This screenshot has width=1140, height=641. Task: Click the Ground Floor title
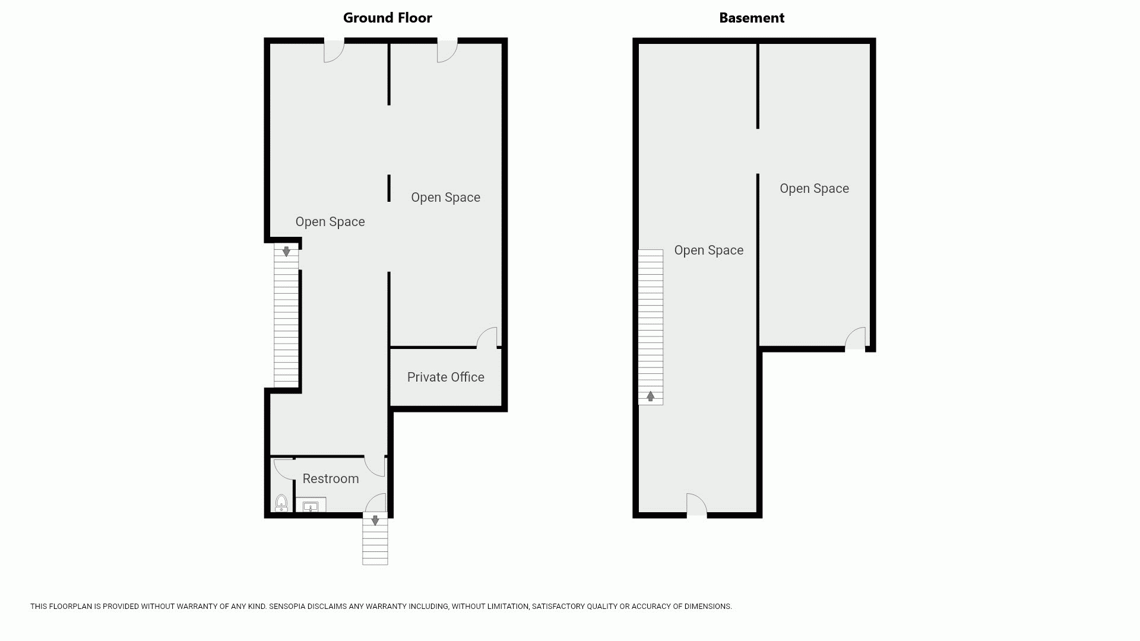[388, 18]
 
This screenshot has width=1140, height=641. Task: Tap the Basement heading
[752, 18]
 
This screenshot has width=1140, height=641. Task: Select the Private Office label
[446, 377]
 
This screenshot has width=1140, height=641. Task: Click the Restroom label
[331, 478]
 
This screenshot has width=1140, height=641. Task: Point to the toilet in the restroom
[281, 503]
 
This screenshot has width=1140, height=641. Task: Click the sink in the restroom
[311, 506]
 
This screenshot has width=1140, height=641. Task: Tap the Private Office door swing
[487, 337]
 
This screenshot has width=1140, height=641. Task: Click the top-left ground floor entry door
[334, 50]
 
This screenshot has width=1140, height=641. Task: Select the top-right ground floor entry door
[448, 50]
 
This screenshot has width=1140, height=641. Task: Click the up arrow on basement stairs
[651, 396]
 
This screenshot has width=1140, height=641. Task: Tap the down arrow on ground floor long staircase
[286, 251]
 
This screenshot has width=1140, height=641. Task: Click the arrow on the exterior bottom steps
[375, 521]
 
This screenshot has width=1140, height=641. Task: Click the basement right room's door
[856, 338]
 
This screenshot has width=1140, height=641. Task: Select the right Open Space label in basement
[814, 189]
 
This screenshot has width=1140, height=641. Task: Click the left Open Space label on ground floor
[330, 222]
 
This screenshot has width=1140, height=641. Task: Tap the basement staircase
[651, 327]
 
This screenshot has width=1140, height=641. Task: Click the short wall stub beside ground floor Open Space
[389, 188]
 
